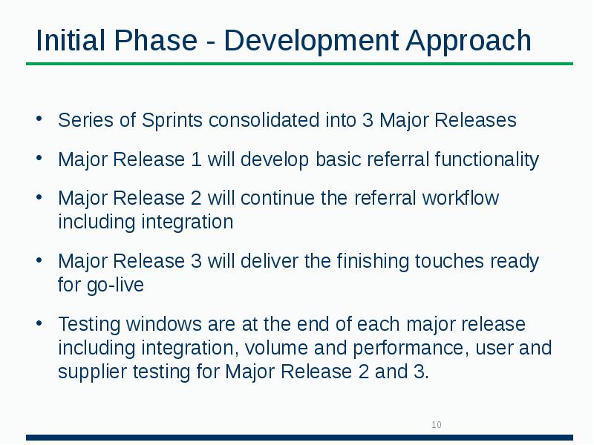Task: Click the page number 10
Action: pyautogui.click(x=437, y=425)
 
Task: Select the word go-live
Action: pyautogui.click(x=118, y=285)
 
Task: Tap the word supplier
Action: pyautogui.click(x=87, y=372)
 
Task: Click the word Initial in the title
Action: pyautogui.click(x=69, y=41)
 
